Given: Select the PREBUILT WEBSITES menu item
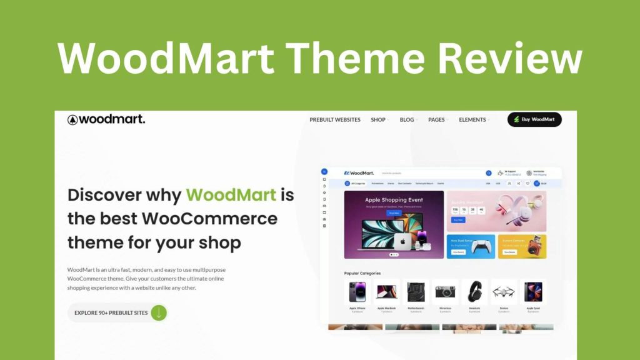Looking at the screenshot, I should click(x=335, y=119).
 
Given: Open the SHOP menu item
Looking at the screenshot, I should click(x=378, y=119).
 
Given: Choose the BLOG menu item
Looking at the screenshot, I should click(x=407, y=119).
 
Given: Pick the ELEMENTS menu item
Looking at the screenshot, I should click(x=472, y=119).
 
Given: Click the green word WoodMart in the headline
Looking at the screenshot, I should click(x=231, y=194).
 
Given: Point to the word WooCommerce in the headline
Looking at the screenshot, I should click(x=209, y=218).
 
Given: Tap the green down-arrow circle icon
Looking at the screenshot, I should click(x=159, y=312).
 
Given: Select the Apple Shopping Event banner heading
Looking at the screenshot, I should click(x=394, y=201).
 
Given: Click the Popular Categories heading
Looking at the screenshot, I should click(x=362, y=273).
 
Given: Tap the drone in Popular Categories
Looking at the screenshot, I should click(x=504, y=292).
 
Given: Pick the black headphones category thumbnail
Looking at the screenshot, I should click(x=475, y=292).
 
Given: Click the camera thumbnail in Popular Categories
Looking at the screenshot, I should click(x=446, y=292).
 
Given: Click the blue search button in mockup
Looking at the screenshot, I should click(x=489, y=173).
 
